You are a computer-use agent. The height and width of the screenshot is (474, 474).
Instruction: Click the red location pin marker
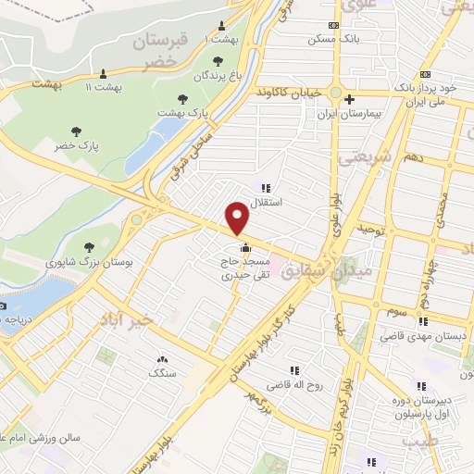point(238,218)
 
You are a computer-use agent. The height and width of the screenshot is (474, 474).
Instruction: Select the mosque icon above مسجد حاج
point(245,248)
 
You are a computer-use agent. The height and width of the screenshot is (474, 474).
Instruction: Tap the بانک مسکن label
point(334,41)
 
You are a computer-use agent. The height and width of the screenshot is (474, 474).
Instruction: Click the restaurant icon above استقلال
point(267,188)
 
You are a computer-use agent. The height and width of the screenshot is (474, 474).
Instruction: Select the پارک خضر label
point(76,146)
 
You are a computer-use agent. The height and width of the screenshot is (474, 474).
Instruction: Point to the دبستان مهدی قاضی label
point(418,339)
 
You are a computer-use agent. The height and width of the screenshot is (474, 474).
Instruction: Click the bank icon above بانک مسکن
point(334,26)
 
